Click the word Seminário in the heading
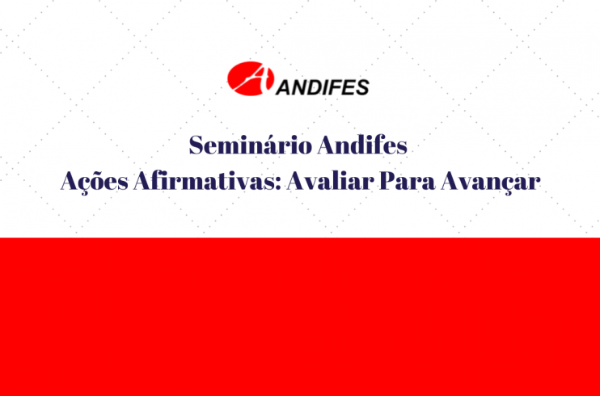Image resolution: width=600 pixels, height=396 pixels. pyautogui.click(x=251, y=145)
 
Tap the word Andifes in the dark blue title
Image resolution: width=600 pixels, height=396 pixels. pyautogui.click(x=362, y=145)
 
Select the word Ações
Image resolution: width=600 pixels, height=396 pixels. pyautogui.click(x=94, y=181)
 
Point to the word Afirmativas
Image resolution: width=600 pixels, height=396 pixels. pyautogui.click(x=207, y=180)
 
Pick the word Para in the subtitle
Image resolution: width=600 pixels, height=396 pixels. pyautogui.click(x=408, y=181)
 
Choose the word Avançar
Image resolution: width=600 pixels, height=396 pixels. pyautogui.click(x=491, y=182)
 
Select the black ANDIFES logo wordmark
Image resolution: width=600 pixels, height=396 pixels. pyautogui.click(x=322, y=87)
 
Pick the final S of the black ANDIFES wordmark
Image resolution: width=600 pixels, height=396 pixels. pyautogui.click(x=362, y=87)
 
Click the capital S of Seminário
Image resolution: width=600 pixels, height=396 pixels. pyautogui.click(x=196, y=145)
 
